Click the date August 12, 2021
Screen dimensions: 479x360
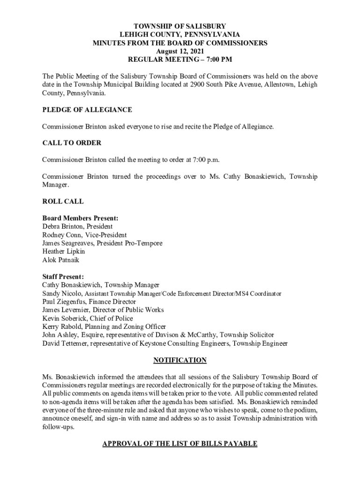point(180,51)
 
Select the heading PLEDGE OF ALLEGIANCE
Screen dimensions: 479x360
point(87,110)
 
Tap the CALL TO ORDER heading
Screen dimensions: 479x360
point(72,143)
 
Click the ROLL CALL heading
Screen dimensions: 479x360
point(63,202)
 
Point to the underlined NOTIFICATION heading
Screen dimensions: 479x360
point(180,360)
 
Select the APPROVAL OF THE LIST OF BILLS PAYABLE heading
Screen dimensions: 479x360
point(180,443)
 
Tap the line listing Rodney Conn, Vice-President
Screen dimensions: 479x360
point(84,235)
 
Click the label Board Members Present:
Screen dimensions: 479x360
point(80,218)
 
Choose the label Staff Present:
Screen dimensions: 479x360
point(63,277)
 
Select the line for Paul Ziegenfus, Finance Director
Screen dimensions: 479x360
point(89,302)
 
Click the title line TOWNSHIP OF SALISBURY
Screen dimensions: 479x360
point(180,26)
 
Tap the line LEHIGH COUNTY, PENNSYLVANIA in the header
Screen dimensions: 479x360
point(180,35)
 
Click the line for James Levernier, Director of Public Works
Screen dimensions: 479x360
point(103,310)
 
